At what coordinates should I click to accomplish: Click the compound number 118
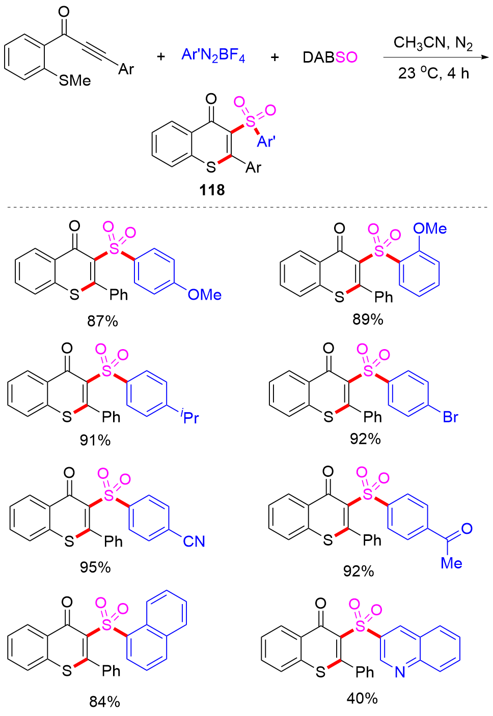coord(212,190)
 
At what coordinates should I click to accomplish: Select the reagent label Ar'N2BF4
coord(213,55)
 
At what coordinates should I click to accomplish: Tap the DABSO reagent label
coord(330,57)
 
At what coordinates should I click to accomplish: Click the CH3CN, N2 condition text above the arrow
coord(433,43)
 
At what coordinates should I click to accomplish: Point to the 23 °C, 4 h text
coord(433,74)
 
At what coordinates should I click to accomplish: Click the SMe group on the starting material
coord(75,80)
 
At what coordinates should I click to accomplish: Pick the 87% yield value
coord(102,321)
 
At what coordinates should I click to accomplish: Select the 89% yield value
coord(368,319)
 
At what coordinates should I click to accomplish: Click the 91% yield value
coord(95,440)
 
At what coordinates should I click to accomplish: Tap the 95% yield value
coord(95,567)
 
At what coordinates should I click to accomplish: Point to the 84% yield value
coord(104,702)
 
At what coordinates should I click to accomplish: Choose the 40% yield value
coord(362,698)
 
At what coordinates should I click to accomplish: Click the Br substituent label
coord(450,417)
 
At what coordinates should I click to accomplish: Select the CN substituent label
coord(194,541)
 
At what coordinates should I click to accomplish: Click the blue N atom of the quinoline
coord(400,672)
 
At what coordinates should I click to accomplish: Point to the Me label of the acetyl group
coord(451,563)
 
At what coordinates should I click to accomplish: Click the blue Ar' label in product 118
coord(266,141)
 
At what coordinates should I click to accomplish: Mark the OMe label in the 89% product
coord(430,229)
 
